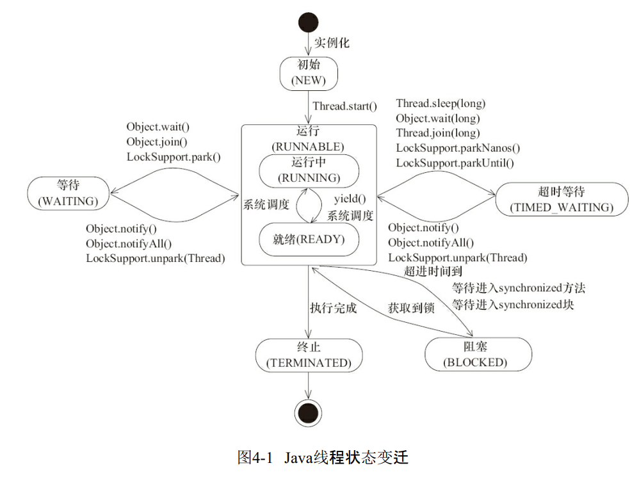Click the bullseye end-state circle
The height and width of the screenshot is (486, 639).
308,410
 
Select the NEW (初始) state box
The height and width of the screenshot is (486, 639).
308,72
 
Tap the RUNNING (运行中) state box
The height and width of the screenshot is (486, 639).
309,170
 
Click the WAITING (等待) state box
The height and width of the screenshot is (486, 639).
68,193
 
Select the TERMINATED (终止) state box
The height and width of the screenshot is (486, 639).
309,355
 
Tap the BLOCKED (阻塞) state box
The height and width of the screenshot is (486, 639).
478,355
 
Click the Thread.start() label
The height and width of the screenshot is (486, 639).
344,106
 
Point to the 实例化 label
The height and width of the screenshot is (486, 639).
332,44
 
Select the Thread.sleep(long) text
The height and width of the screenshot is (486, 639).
441,104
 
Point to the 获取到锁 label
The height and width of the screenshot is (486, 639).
411,308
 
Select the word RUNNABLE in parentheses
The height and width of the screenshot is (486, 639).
308,147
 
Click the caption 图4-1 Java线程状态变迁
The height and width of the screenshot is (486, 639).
322,458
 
